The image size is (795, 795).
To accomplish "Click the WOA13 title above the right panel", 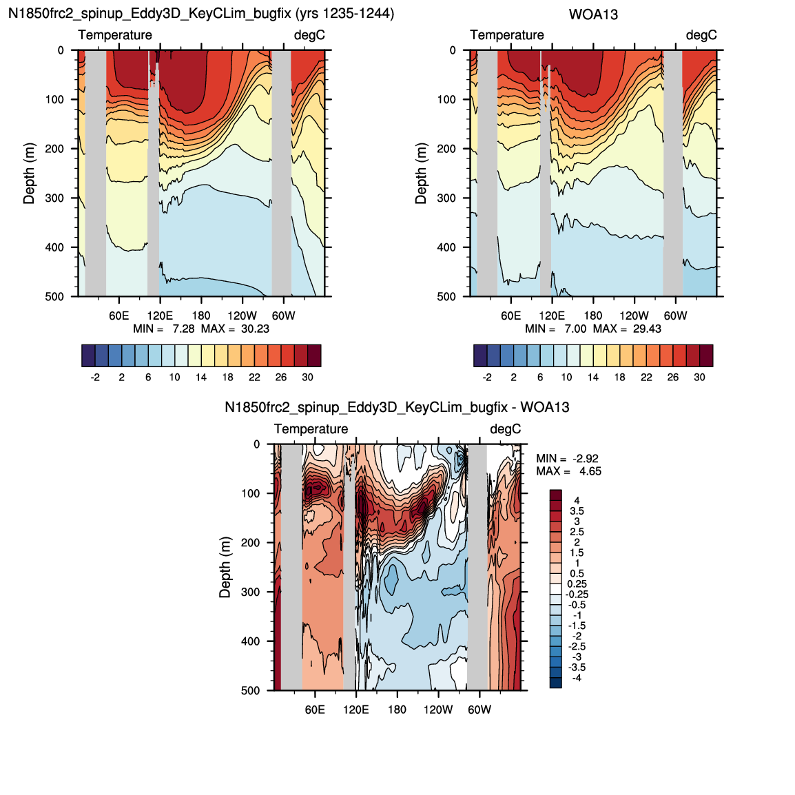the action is [x=593, y=14].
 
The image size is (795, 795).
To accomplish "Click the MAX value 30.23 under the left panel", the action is [x=255, y=329].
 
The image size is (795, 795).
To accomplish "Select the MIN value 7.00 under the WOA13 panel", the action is [x=575, y=329].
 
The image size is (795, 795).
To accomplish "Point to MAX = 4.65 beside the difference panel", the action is [x=569, y=471].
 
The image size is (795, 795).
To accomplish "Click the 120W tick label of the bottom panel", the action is [x=438, y=710].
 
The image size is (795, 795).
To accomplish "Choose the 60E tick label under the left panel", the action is [x=118, y=316].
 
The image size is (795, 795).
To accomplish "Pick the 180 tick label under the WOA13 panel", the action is [x=592, y=316].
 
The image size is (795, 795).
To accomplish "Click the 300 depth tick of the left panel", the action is [x=54, y=198].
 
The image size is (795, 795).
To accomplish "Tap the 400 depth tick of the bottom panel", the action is [x=251, y=641].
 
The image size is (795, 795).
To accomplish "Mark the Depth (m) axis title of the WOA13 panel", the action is [x=421, y=174].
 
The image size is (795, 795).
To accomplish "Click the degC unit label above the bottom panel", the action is [x=506, y=429].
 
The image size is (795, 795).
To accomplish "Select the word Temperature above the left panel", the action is [x=115, y=35].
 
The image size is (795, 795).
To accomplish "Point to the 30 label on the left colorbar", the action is [x=307, y=378].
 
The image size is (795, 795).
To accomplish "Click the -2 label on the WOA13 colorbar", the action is [x=487, y=378].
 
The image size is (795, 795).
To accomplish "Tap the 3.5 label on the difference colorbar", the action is [x=577, y=511].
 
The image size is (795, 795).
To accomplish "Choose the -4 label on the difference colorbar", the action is [x=577, y=678].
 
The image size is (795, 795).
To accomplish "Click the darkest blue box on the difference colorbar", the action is [x=556, y=683].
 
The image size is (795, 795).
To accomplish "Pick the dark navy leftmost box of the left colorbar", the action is [x=88, y=355].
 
